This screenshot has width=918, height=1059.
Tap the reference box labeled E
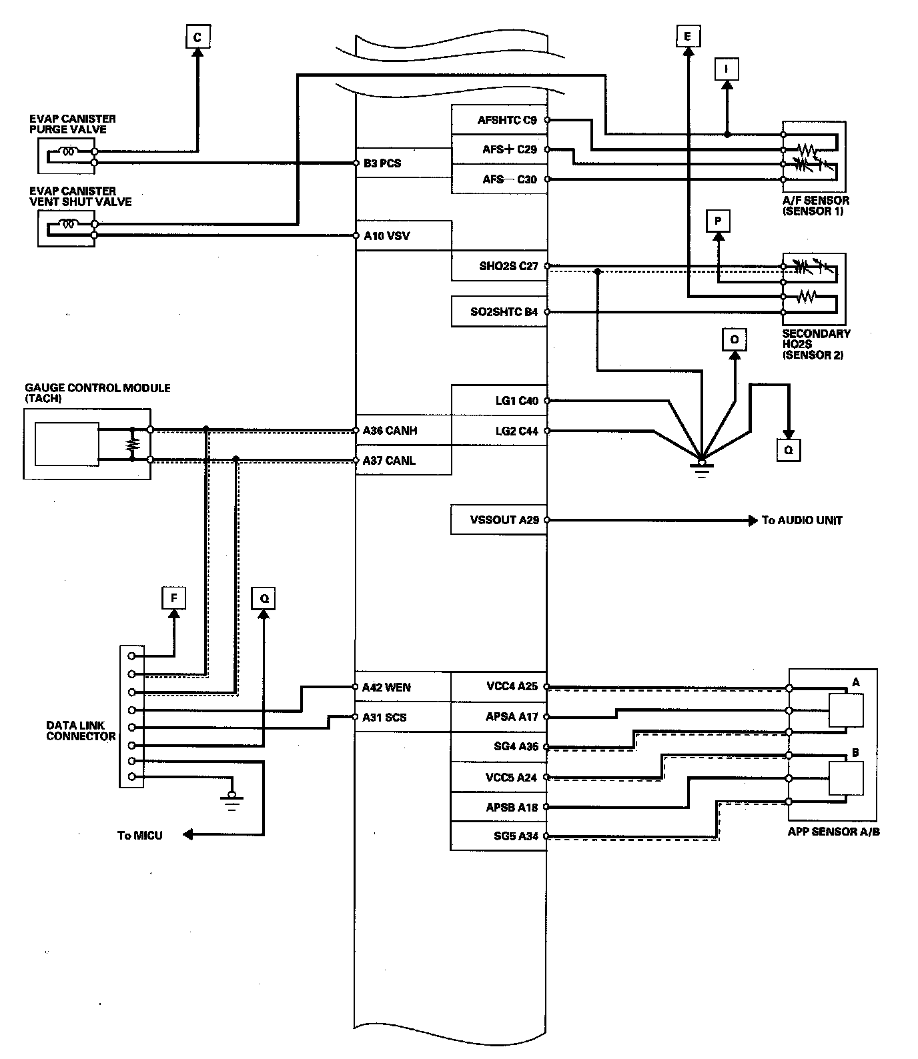pos(687,36)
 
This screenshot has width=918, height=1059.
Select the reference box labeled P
pos(718,221)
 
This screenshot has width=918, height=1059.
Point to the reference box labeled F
pos(174,598)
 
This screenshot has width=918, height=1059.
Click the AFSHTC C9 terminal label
pos(507,120)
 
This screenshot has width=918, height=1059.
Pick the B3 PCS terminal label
pos(382,163)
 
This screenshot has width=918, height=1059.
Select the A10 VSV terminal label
pos(386,235)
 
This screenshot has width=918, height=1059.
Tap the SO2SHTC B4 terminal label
pos(504,311)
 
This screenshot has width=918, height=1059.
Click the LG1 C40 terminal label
pos(516,401)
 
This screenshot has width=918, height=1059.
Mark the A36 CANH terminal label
pos(390,430)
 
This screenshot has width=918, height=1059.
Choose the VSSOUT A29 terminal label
pos(504,519)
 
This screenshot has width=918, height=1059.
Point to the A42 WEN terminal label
pos(386,687)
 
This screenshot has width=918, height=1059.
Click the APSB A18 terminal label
pos(512,807)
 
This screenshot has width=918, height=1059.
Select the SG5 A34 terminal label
pos(516,836)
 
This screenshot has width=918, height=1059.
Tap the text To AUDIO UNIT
pos(802,520)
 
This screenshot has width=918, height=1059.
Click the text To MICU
pos(139,835)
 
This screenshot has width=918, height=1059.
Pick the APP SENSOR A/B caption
pos(833,832)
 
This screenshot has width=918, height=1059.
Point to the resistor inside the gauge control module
pos(133,443)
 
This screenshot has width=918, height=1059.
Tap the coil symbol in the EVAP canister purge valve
pos(69,151)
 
